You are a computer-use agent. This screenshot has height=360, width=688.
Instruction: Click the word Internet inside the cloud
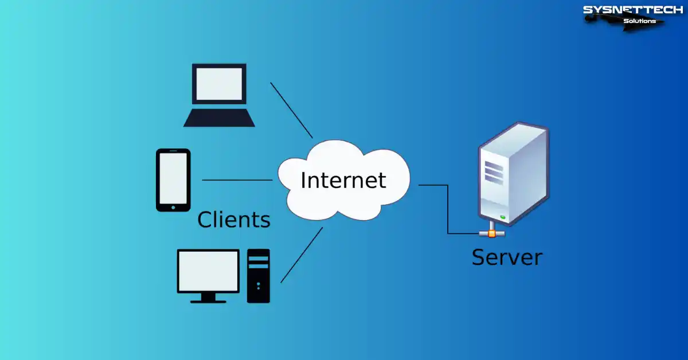pos(343,180)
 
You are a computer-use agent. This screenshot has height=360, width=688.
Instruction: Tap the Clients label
pos(233,220)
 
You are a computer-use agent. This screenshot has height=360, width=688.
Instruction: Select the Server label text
pos(506,257)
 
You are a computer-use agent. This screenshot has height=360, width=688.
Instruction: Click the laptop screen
pos(219,84)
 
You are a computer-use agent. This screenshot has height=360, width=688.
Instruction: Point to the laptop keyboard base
pos(219,118)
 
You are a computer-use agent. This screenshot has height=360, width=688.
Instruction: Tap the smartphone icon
pos(173,180)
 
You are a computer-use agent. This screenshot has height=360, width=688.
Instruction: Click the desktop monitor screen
pos(208,271)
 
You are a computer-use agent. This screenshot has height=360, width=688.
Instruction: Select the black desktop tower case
pos(258,276)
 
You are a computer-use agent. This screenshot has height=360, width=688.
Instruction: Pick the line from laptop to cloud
pos(291,110)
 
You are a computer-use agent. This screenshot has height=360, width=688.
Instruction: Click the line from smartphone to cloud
pos(237,180)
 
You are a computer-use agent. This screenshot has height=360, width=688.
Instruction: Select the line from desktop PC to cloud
pos(302,255)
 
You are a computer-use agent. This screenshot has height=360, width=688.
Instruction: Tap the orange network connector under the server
pos(491,233)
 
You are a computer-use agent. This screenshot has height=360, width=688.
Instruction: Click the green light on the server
pos(503,217)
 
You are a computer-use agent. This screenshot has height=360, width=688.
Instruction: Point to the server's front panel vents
pos(493,170)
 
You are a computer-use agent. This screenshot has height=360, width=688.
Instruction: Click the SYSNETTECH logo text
pos(632,10)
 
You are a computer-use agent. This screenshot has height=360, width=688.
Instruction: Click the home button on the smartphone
pos(173,208)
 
